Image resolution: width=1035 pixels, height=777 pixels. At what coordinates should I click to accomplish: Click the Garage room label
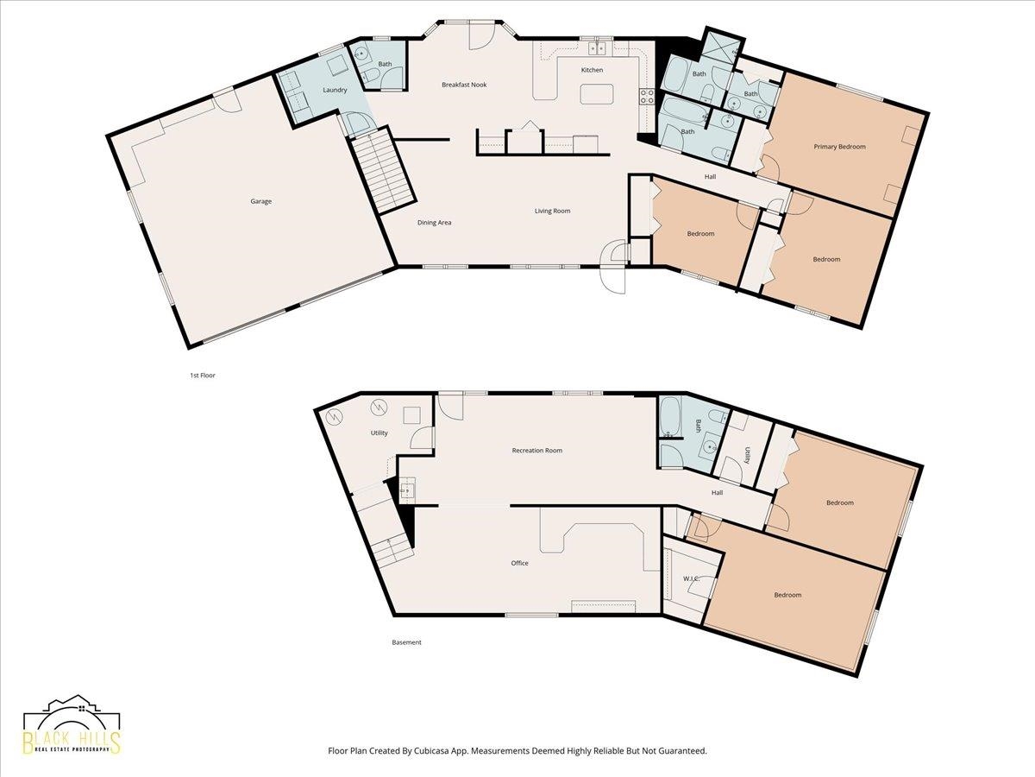[260, 201]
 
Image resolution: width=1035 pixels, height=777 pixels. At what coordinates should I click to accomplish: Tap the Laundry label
[335, 90]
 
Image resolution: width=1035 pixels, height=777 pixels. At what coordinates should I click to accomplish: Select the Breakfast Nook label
[464, 85]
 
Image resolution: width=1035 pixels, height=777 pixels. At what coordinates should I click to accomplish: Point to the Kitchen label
[592, 70]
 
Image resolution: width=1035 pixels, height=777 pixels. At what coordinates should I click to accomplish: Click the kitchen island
[597, 94]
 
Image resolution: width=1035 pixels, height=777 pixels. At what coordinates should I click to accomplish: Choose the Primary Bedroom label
[839, 147]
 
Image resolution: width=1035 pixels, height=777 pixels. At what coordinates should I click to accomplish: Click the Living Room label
[552, 211]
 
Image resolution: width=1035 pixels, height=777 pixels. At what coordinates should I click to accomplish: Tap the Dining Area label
[435, 223]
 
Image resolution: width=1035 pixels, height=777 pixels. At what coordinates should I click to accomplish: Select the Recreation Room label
[537, 451]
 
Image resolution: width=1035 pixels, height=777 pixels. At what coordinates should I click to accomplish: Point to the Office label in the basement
[519, 563]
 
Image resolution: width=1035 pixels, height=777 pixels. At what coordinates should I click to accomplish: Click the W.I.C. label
[691, 578]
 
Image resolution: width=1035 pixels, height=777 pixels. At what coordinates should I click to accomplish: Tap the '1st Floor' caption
[203, 376]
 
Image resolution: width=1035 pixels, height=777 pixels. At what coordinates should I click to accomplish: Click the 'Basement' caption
[406, 642]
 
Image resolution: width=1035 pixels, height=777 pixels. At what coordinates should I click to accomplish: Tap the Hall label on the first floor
[710, 177]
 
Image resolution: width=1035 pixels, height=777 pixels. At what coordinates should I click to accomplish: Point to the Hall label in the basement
[717, 492]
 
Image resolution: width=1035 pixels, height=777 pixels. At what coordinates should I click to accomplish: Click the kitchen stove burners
[647, 96]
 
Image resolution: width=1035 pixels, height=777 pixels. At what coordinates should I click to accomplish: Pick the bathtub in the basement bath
[669, 417]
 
